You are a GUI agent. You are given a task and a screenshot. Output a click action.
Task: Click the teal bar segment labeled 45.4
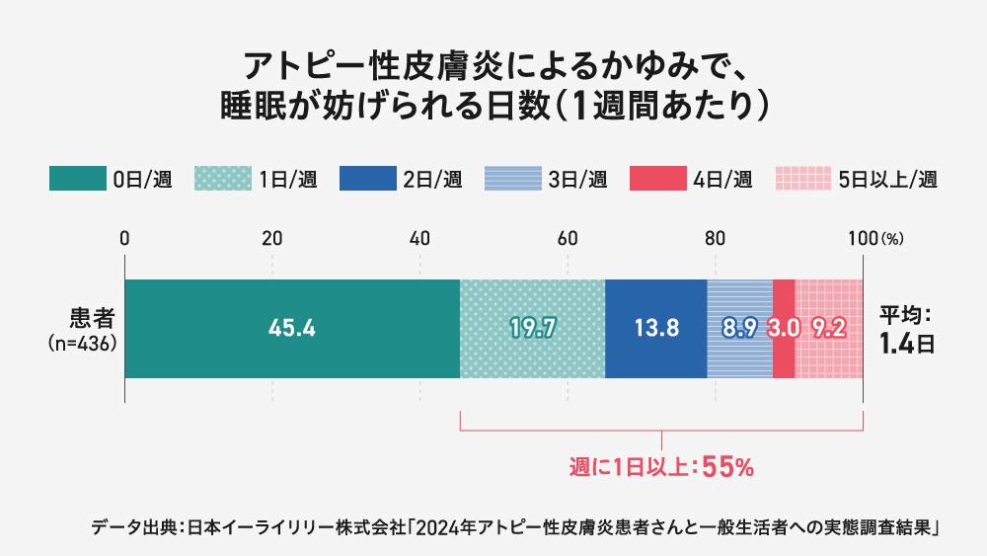292,329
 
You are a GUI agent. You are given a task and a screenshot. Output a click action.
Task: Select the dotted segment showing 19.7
532,329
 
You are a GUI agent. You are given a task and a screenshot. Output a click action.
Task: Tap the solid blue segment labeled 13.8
655,329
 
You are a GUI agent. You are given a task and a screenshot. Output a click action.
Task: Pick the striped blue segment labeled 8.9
739,329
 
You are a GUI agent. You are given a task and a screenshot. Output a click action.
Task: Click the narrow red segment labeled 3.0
784,329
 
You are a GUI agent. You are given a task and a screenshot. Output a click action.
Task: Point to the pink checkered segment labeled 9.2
829,329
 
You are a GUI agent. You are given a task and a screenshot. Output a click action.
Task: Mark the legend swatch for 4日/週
656,179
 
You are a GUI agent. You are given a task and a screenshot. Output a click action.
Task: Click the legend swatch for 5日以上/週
801,179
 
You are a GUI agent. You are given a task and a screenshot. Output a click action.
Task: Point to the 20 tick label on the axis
272,238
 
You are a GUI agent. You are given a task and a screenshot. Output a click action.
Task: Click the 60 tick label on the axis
568,238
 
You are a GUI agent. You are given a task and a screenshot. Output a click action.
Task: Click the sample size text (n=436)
83,344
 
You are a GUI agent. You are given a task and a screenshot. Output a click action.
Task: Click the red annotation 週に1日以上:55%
661,468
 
